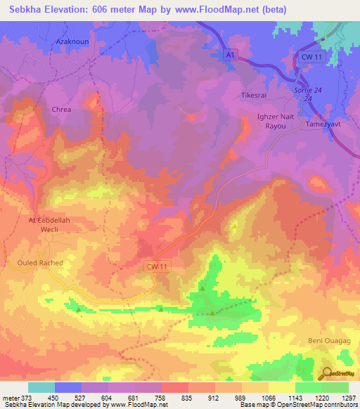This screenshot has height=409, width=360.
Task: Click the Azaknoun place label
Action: (x=70, y=42)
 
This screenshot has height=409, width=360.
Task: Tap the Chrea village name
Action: (x=62, y=110)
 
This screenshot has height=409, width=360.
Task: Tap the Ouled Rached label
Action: (x=40, y=263)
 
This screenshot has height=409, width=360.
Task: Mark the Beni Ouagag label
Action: (x=327, y=342)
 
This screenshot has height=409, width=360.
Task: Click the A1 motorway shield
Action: (x=230, y=55)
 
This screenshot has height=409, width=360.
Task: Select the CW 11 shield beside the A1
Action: (x=310, y=56)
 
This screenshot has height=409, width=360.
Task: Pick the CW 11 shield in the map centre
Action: (x=157, y=266)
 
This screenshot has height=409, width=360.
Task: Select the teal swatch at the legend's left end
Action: (x=41, y=387)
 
